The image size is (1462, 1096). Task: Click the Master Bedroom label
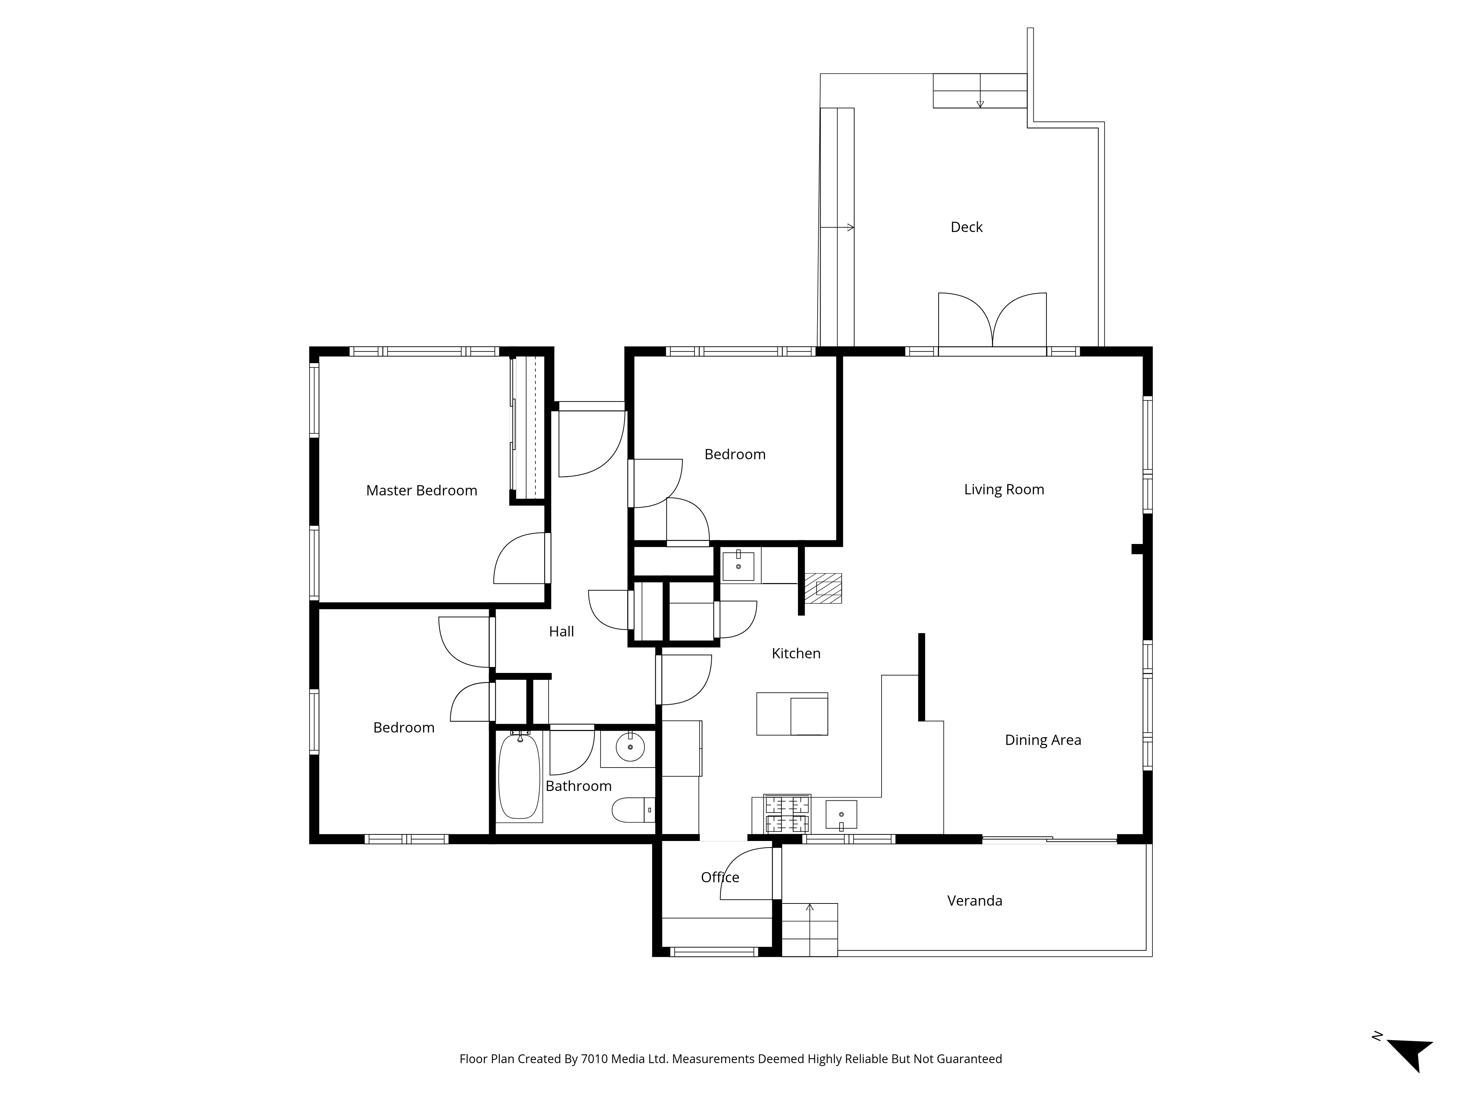point(422,490)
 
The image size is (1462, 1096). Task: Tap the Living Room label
point(1004,490)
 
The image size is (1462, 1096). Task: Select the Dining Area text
point(1043,740)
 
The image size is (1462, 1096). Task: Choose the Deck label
point(966,227)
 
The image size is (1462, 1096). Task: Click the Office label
point(720,877)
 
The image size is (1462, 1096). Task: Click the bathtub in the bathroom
point(519,777)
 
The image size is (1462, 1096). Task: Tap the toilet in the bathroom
point(633,810)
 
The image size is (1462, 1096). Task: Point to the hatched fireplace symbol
point(823,588)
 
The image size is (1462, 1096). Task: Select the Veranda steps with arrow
point(810,929)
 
